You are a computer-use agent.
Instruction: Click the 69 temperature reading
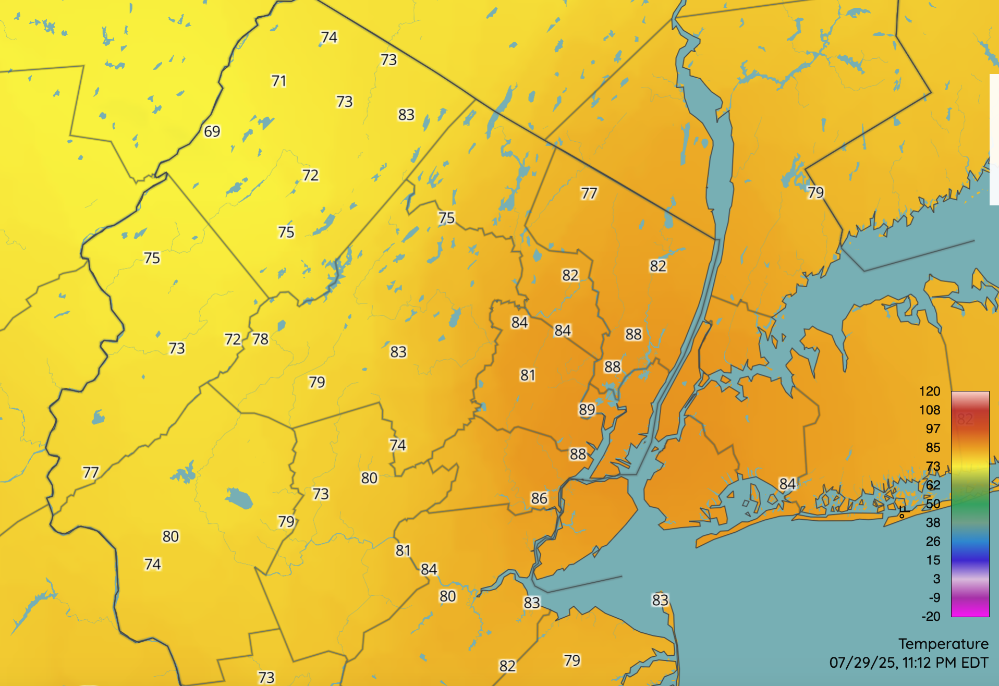(212, 131)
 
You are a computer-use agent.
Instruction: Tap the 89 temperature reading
(587, 410)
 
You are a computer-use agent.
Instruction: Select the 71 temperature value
(278, 81)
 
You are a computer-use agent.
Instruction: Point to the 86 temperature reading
(539, 499)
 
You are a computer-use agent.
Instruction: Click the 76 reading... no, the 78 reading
(260, 339)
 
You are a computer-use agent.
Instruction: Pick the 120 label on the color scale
(929, 391)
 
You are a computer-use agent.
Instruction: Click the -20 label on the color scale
(931, 617)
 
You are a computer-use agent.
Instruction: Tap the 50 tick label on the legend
(933, 504)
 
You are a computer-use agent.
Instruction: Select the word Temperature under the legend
(943, 644)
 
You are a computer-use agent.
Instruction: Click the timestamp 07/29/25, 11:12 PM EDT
(908, 663)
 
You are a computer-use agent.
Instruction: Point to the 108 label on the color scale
(929, 410)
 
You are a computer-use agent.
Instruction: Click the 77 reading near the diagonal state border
(589, 194)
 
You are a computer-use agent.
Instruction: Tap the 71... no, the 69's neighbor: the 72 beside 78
(233, 340)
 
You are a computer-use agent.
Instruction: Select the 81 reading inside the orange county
(528, 375)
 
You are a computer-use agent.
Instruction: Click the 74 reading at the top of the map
(328, 38)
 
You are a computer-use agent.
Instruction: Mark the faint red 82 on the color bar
(965, 419)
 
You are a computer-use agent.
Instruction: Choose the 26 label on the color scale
(933, 542)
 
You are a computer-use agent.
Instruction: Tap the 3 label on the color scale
(936, 579)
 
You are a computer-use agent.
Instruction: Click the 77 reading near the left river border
(90, 473)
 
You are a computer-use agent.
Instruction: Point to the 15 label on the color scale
(933, 560)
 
